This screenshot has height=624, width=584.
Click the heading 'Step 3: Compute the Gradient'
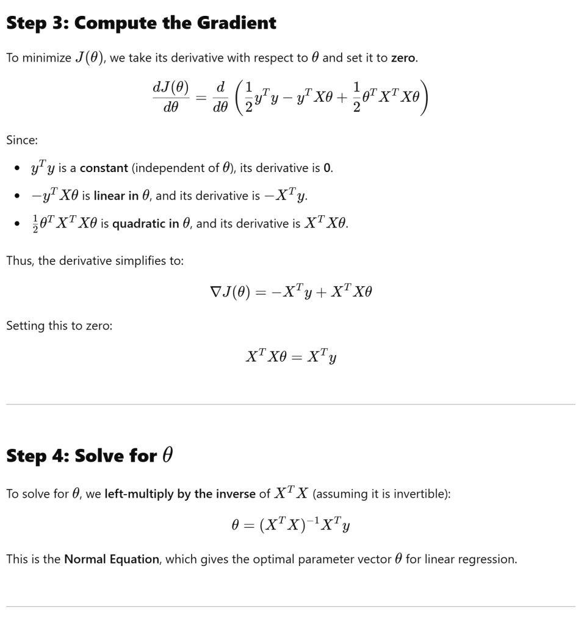pyautogui.click(x=141, y=23)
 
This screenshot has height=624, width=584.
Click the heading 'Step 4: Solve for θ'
pyautogui.click(x=89, y=456)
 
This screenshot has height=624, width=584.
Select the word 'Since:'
pyautogui.click(x=22, y=140)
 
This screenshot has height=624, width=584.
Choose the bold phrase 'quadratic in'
pyautogui.click(x=146, y=224)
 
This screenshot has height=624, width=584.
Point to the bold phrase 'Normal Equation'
pyautogui.click(x=111, y=559)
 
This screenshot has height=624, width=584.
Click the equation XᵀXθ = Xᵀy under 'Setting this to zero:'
pyautogui.click(x=290, y=357)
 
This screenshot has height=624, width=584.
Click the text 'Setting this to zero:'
pyautogui.click(x=59, y=326)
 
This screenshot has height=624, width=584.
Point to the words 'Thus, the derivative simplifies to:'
pyautogui.click(x=95, y=260)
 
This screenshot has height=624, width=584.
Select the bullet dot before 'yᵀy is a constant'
pyautogui.click(x=18, y=168)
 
